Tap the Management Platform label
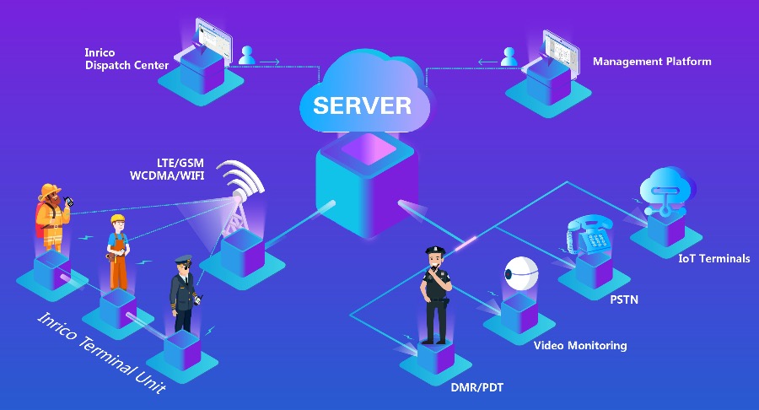point(651,62)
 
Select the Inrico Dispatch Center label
point(126,59)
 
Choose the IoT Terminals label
point(713,258)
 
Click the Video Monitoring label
point(580,345)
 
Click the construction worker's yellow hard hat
point(116,220)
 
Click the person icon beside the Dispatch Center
point(246,56)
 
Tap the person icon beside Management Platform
point(509,57)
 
